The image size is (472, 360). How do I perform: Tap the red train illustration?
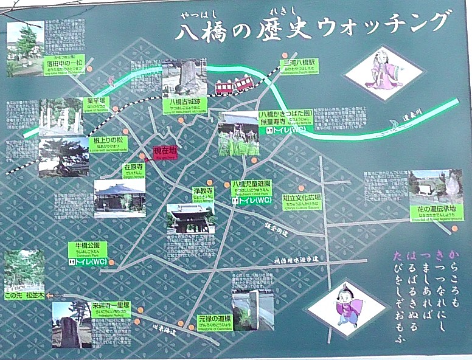[234, 86]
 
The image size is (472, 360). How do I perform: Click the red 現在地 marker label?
[165, 153]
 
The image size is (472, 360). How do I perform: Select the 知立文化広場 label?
[302, 199]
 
